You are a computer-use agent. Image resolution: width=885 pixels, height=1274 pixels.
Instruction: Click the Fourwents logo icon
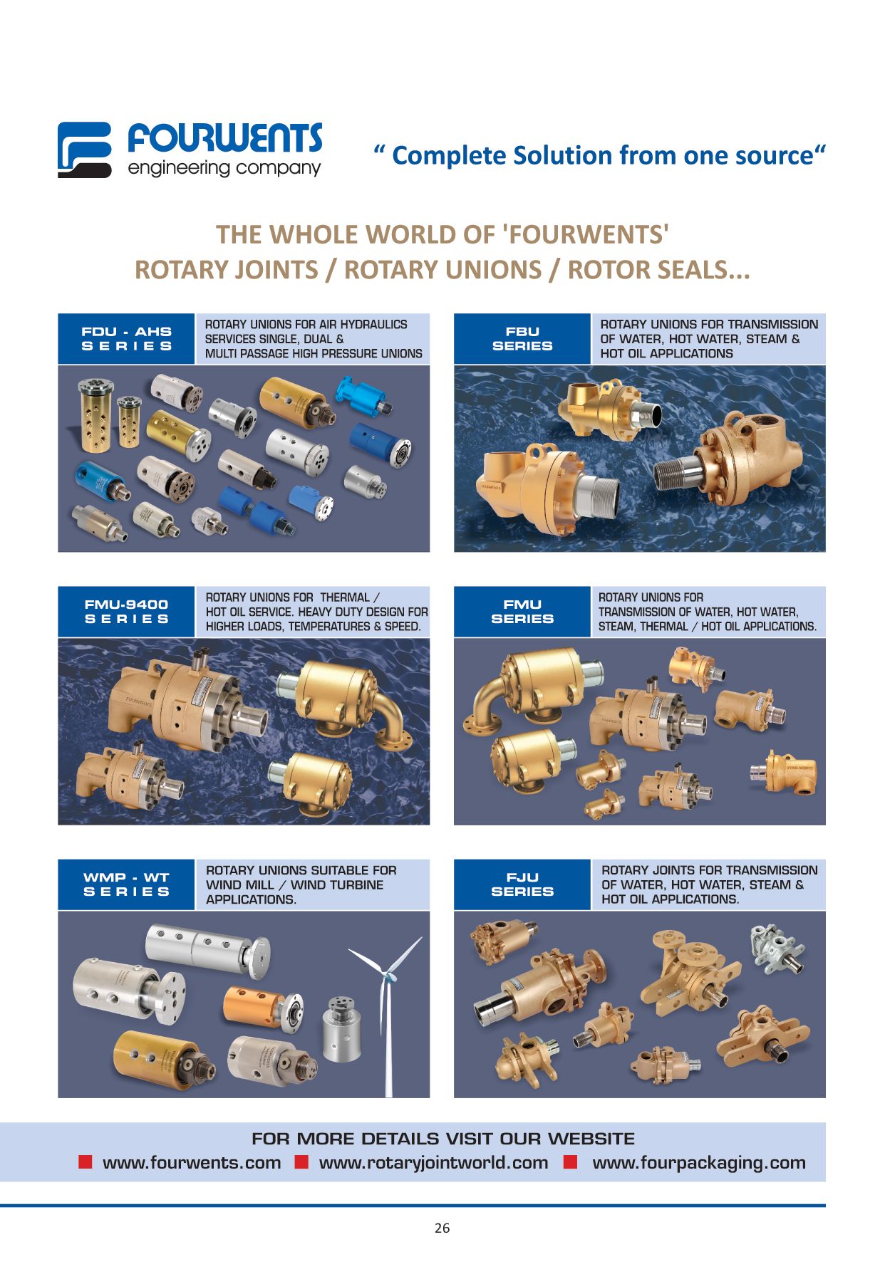coord(84,150)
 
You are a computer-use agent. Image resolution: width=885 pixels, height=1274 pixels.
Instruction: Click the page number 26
coord(442,1228)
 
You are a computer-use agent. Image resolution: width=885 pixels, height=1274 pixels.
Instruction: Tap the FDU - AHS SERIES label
coord(126,339)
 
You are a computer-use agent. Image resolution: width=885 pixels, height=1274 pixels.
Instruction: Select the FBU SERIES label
coord(522,339)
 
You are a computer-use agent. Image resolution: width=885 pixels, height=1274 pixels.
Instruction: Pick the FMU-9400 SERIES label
coord(126,612)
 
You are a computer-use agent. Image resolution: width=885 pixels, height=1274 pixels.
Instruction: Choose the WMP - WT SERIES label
coord(126,884)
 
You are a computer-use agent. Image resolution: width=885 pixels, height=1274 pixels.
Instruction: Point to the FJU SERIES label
coord(522,884)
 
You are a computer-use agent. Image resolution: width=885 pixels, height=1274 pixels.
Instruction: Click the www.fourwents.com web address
coord(192,1163)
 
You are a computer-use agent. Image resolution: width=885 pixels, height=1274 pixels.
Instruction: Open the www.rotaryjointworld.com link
coord(433,1163)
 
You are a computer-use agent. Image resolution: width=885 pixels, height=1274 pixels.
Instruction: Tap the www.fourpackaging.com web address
coord(699,1163)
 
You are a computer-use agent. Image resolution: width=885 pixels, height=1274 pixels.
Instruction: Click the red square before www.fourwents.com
coord(86,1162)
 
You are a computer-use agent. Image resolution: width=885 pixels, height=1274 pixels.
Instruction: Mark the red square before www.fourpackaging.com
coord(570,1162)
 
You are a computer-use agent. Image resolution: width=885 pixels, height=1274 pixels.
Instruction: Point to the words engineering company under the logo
coord(224,169)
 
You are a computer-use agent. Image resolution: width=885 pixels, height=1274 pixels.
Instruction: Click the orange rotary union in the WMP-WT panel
coord(262,1006)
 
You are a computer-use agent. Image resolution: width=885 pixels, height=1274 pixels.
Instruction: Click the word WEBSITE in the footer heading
coord(591,1139)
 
